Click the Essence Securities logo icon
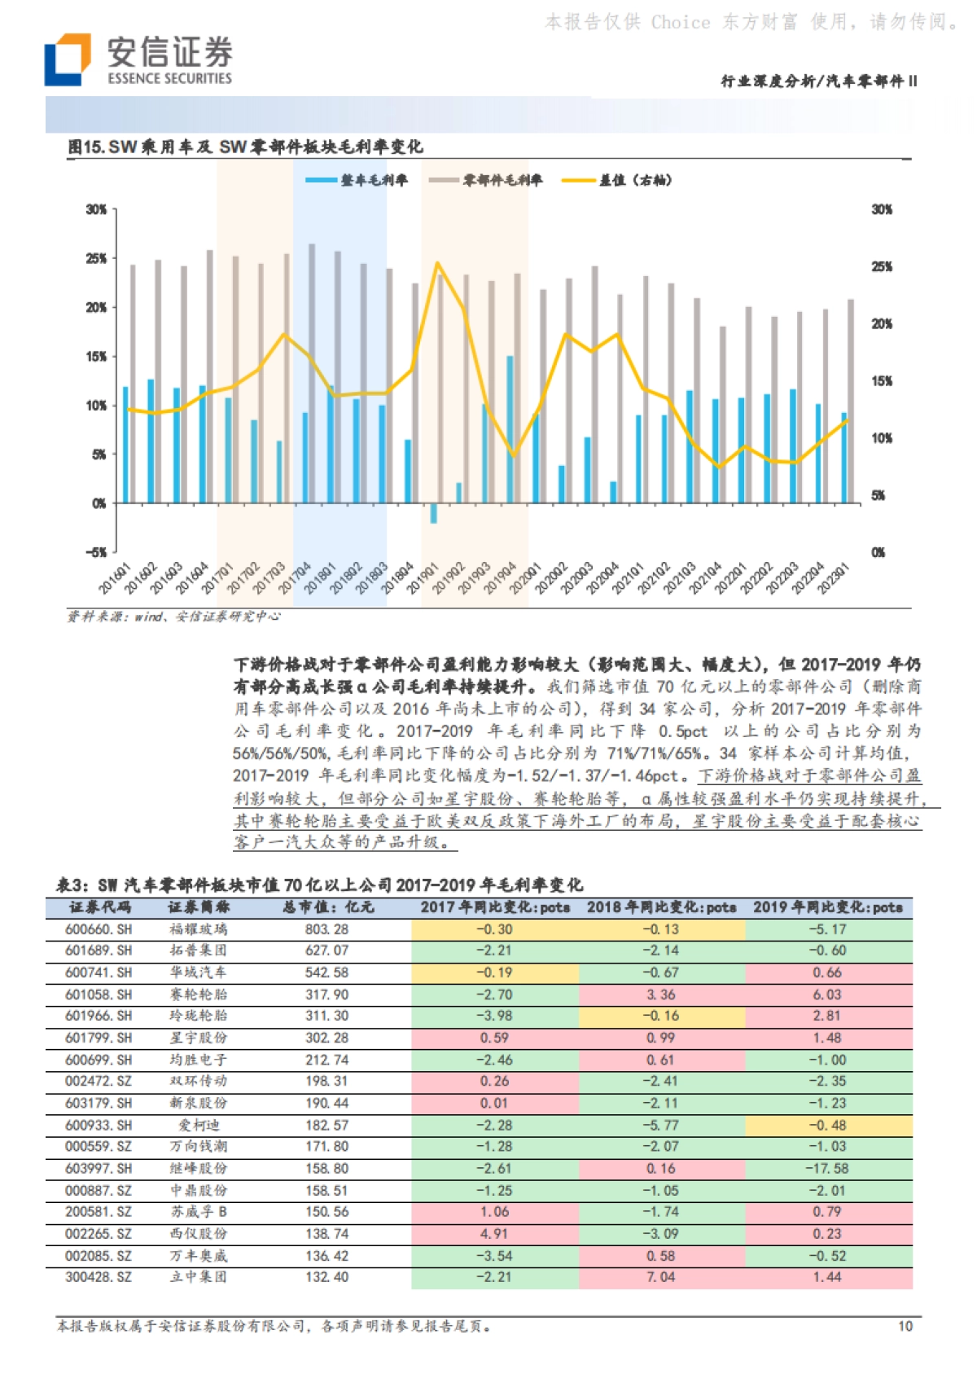pyautogui.click(x=67, y=59)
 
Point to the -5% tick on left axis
pyautogui.click(x=96, y=552)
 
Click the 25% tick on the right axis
pyautogui.click(x=882, y=266)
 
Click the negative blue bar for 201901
pyautogui.click(x=434, y=513)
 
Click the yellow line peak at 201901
pyautogui.click(x=437, y=263)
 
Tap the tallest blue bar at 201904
pyautogui.click(x=510, y=428)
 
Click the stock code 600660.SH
pyautogui.click(x=99, y=929)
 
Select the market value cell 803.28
pyautogui.click(x=327, y=929)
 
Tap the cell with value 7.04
pyautogui.click(x=661, y=1277)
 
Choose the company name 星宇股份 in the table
pyautogui.click(x=198, y=1038)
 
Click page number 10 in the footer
pyautogui.click(x=905, y=1327)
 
